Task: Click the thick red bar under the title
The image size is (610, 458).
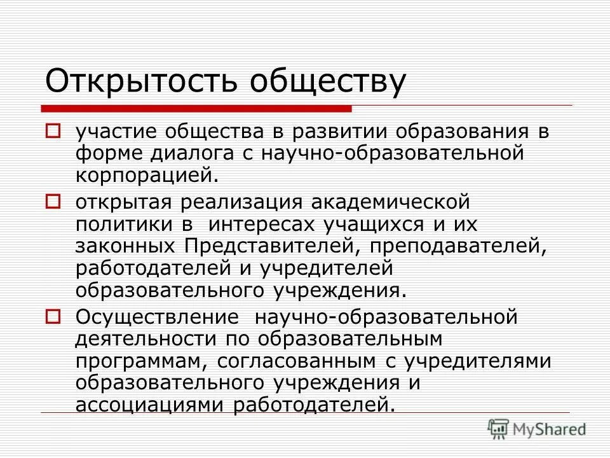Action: [x=197, y=106]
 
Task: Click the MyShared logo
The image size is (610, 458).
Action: [x=538, y=429]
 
